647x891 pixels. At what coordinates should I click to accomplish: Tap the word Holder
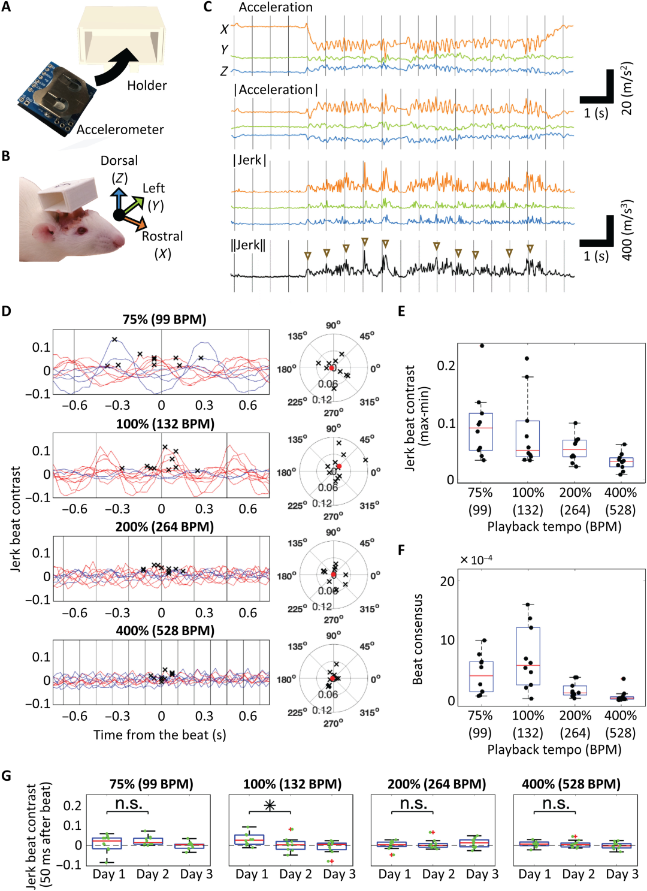point(147,86)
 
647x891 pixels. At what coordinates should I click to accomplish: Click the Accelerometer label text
point(120,129)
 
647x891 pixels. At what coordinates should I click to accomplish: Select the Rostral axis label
point(162,236)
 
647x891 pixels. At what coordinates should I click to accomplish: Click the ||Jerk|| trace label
point(248,245)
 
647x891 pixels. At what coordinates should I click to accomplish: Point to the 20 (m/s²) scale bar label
point(627,88)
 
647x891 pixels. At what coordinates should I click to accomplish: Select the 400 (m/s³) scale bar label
point(627,230)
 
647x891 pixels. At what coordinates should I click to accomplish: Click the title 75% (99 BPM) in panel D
point(164,319)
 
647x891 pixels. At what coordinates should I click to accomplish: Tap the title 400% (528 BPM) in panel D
point(165,630)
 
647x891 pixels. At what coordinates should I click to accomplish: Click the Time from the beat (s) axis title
point(159,735)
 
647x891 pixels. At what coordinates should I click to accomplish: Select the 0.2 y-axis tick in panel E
point(446,366)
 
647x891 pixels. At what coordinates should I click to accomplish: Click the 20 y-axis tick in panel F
point(447,581)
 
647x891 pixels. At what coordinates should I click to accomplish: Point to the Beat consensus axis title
point(418,639)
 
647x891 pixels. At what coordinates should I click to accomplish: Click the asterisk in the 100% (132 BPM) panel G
point(270,805)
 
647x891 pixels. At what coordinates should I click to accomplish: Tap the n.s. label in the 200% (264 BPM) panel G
point(413,804)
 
